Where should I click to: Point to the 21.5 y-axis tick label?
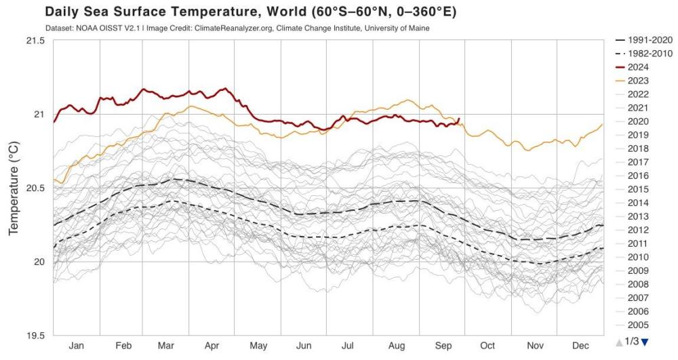pyautogui.click(x=33, y=41)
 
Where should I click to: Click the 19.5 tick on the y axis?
pyautogui.click(x=33, y=336)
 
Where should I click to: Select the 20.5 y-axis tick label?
pyautogui.click(x=33, y=188)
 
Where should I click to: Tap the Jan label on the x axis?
pyautogui.click(x=76, y=346)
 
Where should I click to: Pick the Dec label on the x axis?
pyautogui.click(x=580, y=346)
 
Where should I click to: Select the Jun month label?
pyautogui.click(x=304, y=346)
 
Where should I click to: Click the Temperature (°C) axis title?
pyautogui.click(x=14, y=188)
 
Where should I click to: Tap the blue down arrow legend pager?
pyautogui.click(x=645, y=342)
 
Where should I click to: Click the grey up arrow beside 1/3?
pyautogui.click(x=619, y=342)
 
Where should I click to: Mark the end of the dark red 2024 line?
pyautogui.click(x=459, y=119)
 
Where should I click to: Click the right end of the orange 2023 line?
pyautogui.click(x=602, y=124)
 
